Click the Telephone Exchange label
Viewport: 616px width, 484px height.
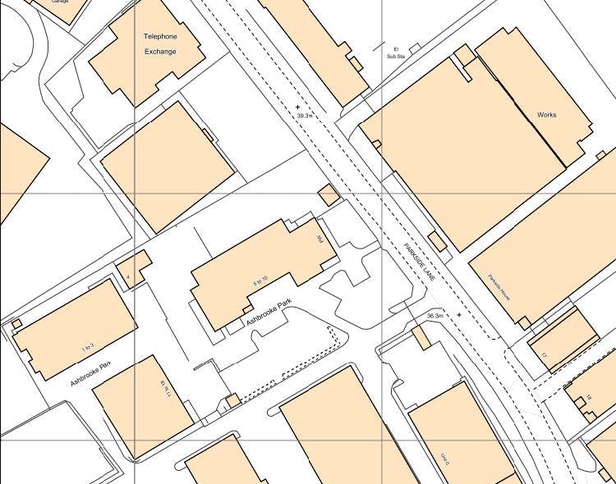(161, 43)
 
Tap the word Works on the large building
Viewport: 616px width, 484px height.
(546, 115)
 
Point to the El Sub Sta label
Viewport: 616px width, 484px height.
(396, 53)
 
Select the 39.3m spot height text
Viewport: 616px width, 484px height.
(306, 116)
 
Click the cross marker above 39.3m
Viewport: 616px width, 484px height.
(297, 107)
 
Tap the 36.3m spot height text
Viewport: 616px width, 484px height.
(435, 316)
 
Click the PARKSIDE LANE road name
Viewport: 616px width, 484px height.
(418, 263)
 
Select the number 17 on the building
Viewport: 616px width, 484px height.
(544, 354)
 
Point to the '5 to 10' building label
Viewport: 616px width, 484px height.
(260, 281)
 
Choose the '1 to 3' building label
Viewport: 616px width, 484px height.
(88, 346)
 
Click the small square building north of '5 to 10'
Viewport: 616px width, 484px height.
(328, 194)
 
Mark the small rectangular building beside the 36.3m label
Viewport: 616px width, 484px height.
(421, 337)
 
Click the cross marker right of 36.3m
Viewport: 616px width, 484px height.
(459, 314)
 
